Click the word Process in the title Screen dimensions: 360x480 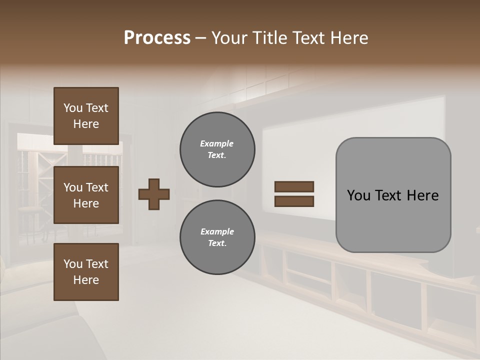[x=157, y=38]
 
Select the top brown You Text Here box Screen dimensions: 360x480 [x=86, y=116]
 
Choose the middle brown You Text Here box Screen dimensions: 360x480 [x=86, y=195]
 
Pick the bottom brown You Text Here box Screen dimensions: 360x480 [x=86, y=272]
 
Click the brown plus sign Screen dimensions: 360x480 [x=154, y=194]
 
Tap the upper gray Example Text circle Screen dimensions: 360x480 [x=217, y=149]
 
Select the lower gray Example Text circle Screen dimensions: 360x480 [x=217, y=237]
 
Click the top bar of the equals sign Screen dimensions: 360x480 [x=294, y=186]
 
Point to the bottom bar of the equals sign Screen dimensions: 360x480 [x=294, y=201]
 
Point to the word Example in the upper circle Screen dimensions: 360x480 [x=217, y=143]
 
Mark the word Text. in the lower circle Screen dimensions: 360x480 [x=217, y=243]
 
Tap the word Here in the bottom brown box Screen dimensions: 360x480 [x=86, y=280]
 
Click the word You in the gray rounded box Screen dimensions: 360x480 [x=358, y=195]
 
